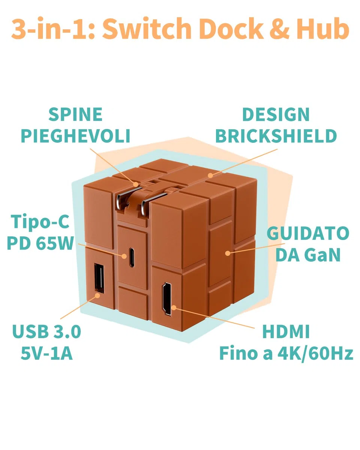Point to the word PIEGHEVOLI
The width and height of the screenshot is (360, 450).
75,136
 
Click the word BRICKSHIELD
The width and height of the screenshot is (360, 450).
276,136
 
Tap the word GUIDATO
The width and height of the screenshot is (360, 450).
308,233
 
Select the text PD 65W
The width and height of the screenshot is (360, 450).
40,243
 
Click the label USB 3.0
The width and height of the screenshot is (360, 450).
46,331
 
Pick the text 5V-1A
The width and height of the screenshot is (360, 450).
47,353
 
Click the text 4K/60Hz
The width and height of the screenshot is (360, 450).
315,354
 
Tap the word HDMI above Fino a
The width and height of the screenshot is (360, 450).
286,331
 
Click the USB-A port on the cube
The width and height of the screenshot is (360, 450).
99,278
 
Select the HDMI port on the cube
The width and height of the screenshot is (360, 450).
167,298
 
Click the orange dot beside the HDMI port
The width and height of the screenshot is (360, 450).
174,307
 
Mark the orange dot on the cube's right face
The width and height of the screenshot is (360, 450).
228,253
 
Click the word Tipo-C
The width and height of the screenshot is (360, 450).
40,222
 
